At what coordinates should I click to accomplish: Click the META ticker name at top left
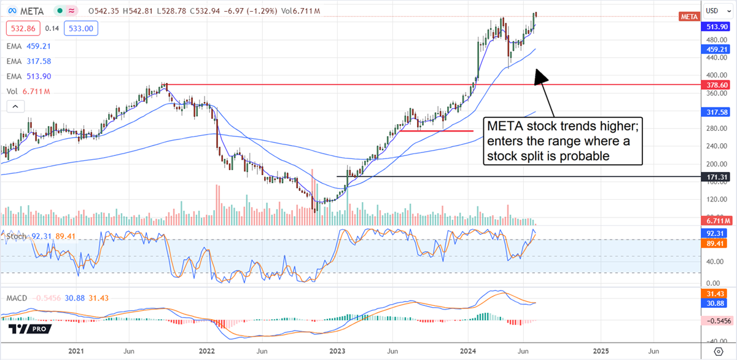[x=30, y=11]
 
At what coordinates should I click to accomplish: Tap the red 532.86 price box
[x=22, y=28]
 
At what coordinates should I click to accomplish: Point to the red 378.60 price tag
[x=717, y=85]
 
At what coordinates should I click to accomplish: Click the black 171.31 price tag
[x=717, y=177]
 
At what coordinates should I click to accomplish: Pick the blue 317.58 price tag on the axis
[x=717, y=112]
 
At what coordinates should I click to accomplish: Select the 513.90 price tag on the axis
[x=717, y=26]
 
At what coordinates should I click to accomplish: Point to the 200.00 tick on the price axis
[x=712, y=164]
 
